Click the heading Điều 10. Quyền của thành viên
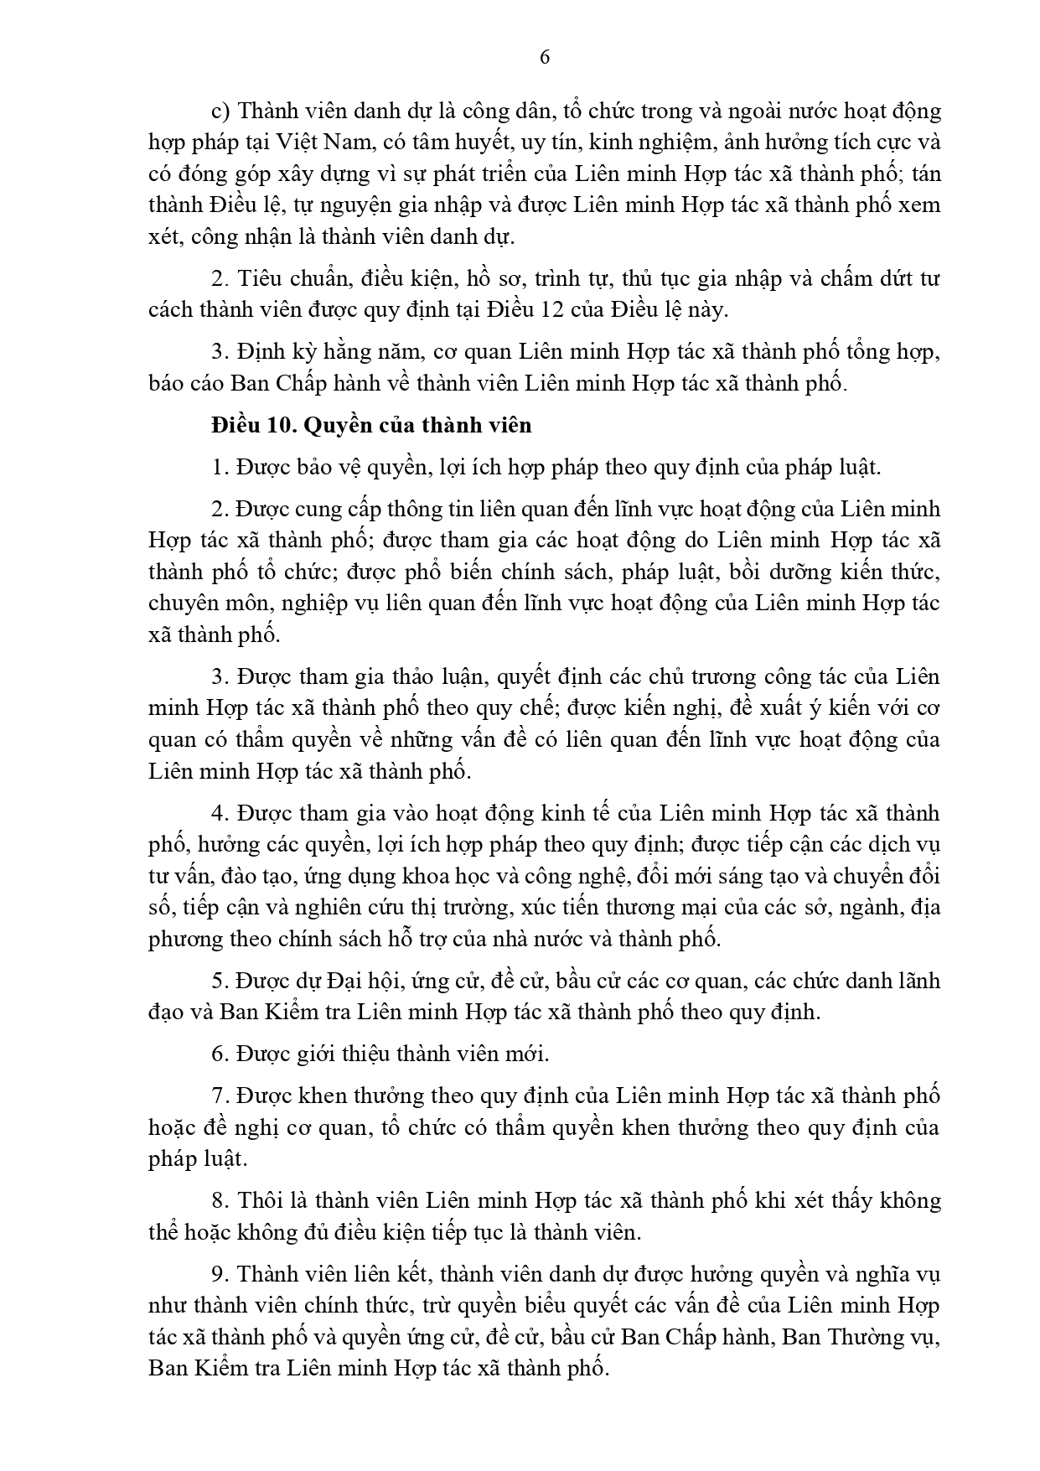(371, 425)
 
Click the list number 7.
(218, 1095)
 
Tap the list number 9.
(218, 1274)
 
